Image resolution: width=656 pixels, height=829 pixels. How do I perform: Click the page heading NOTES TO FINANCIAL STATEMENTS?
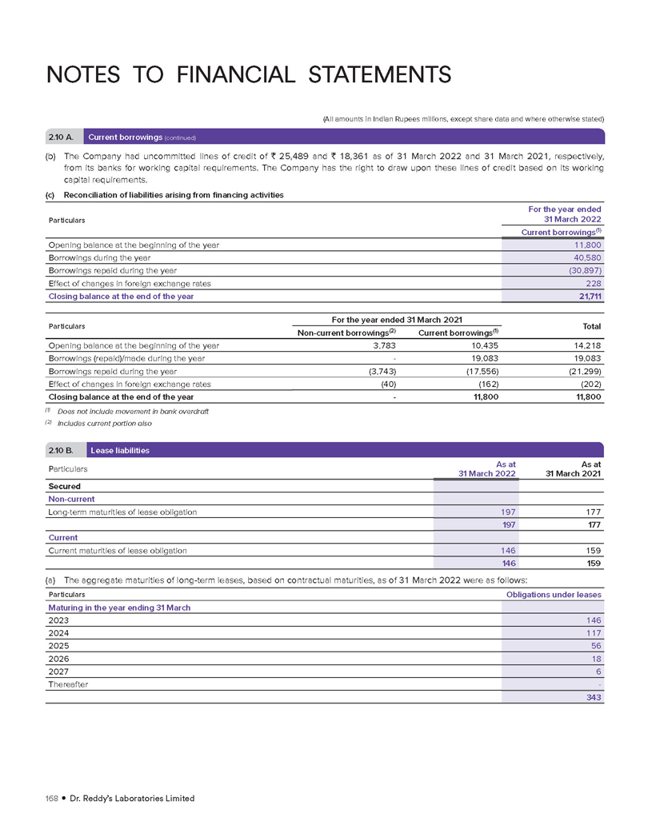pyautogui.click(x=249, y=75)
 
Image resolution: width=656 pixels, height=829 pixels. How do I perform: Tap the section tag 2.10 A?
pyautogui.click(x=64, y=137)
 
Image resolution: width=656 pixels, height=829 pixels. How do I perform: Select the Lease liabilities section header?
pyautogui.click(x=120, y=450)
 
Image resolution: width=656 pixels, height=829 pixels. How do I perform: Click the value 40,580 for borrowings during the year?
pyautogui.click(x=585, y=257)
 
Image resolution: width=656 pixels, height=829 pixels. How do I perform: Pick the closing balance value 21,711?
pyautogui.click(x=586, y=296)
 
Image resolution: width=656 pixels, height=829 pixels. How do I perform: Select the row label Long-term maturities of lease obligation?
pyautogui.click(x=122, y=512)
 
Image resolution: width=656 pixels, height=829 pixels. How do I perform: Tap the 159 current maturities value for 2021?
pyautogui.click(x=593, y=550)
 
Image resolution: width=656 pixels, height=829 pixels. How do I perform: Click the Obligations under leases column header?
pyautogui.click(x=554, y=595)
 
